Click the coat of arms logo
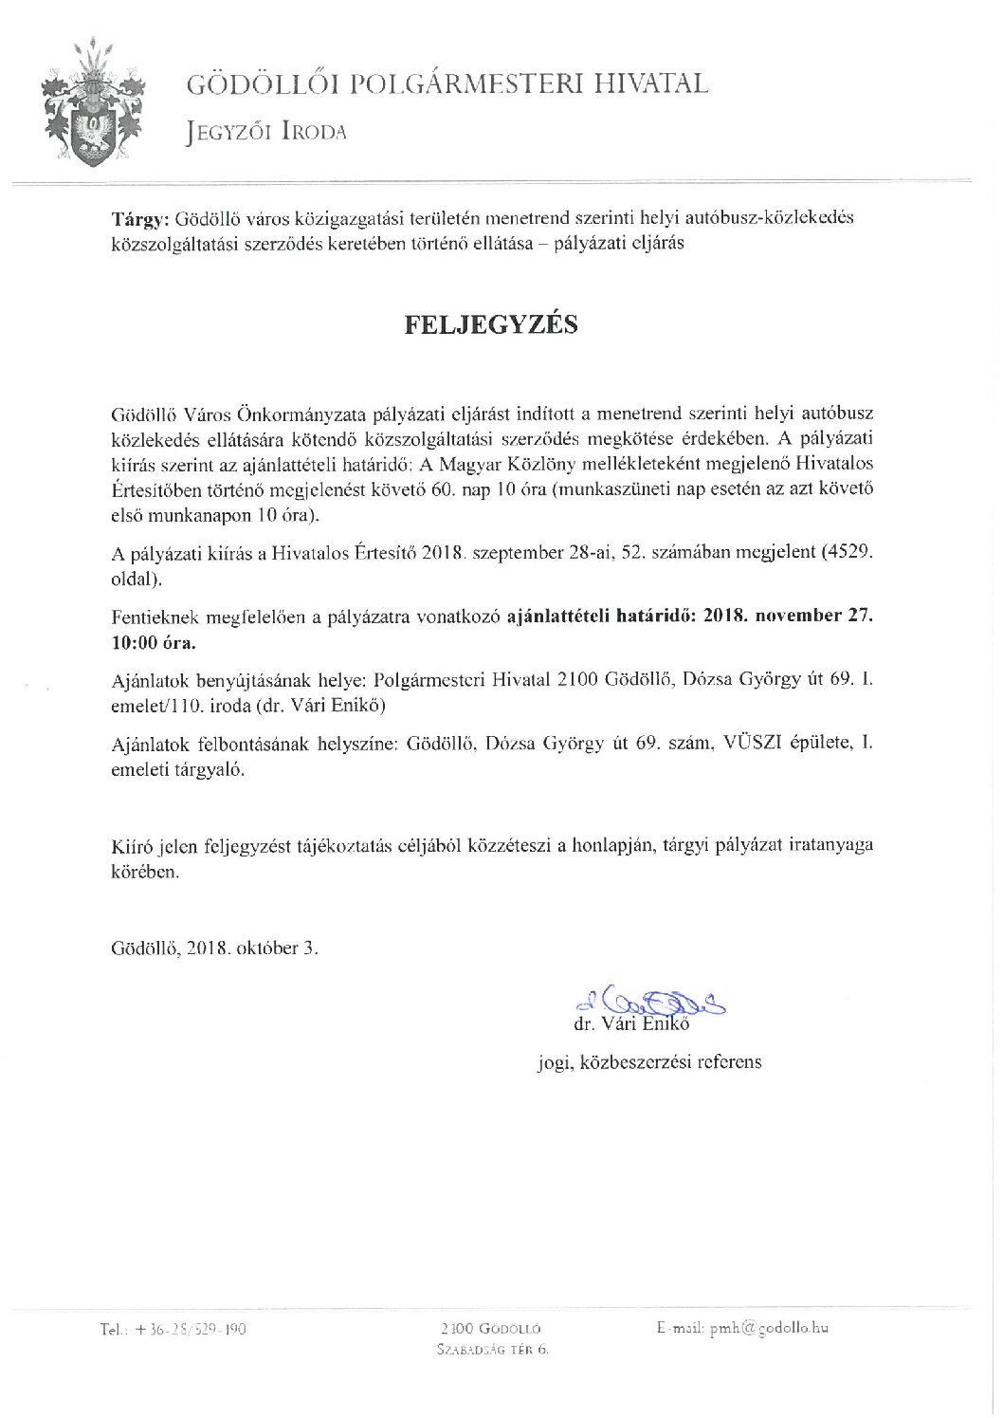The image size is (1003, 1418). pyautogui.click(x=94, y=104)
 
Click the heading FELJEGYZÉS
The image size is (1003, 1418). pyautogui.click(x=491, y=324)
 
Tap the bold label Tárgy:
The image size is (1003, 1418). pyautogui.click(x=137, y=218)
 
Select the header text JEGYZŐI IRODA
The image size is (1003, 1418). pyautogui.click(x=266, y=133)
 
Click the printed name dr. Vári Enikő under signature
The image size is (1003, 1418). pyautogui.click(x=631, y=1024)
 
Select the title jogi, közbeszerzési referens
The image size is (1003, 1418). pyautogui.click(x=649, y=1062)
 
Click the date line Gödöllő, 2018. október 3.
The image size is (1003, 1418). pyautogui.click(x=215, y=948)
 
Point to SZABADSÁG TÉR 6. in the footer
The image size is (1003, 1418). pyautogui.click(x=492, y=1350)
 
